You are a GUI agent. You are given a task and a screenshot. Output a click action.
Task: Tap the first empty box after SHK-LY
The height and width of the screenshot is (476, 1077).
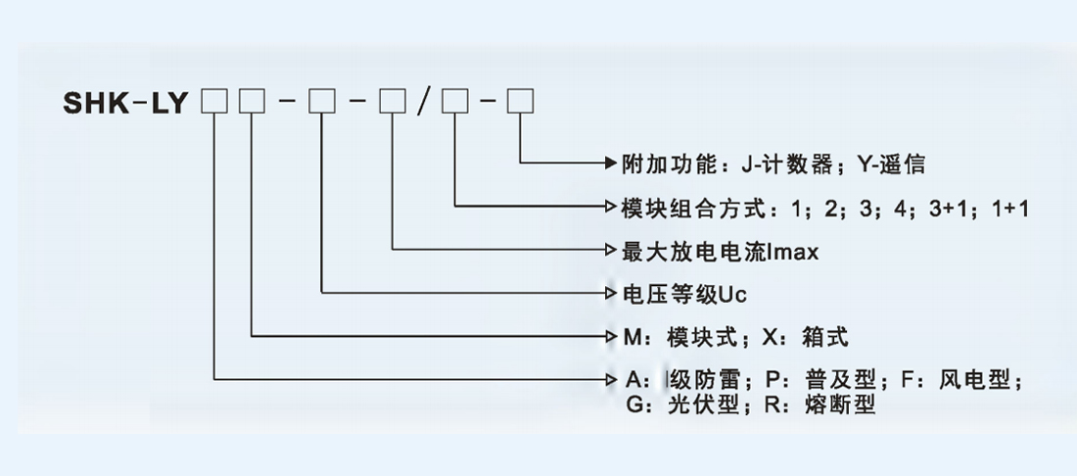[213, 103]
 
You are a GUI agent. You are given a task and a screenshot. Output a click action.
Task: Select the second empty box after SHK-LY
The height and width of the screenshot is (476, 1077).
[252, 103]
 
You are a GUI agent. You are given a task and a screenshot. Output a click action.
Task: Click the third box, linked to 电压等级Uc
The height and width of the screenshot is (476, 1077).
[322, 103]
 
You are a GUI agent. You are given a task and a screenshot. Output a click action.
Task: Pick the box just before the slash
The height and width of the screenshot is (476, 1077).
[393, 103]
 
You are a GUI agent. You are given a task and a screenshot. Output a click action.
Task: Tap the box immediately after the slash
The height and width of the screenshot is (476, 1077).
[455, 103]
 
